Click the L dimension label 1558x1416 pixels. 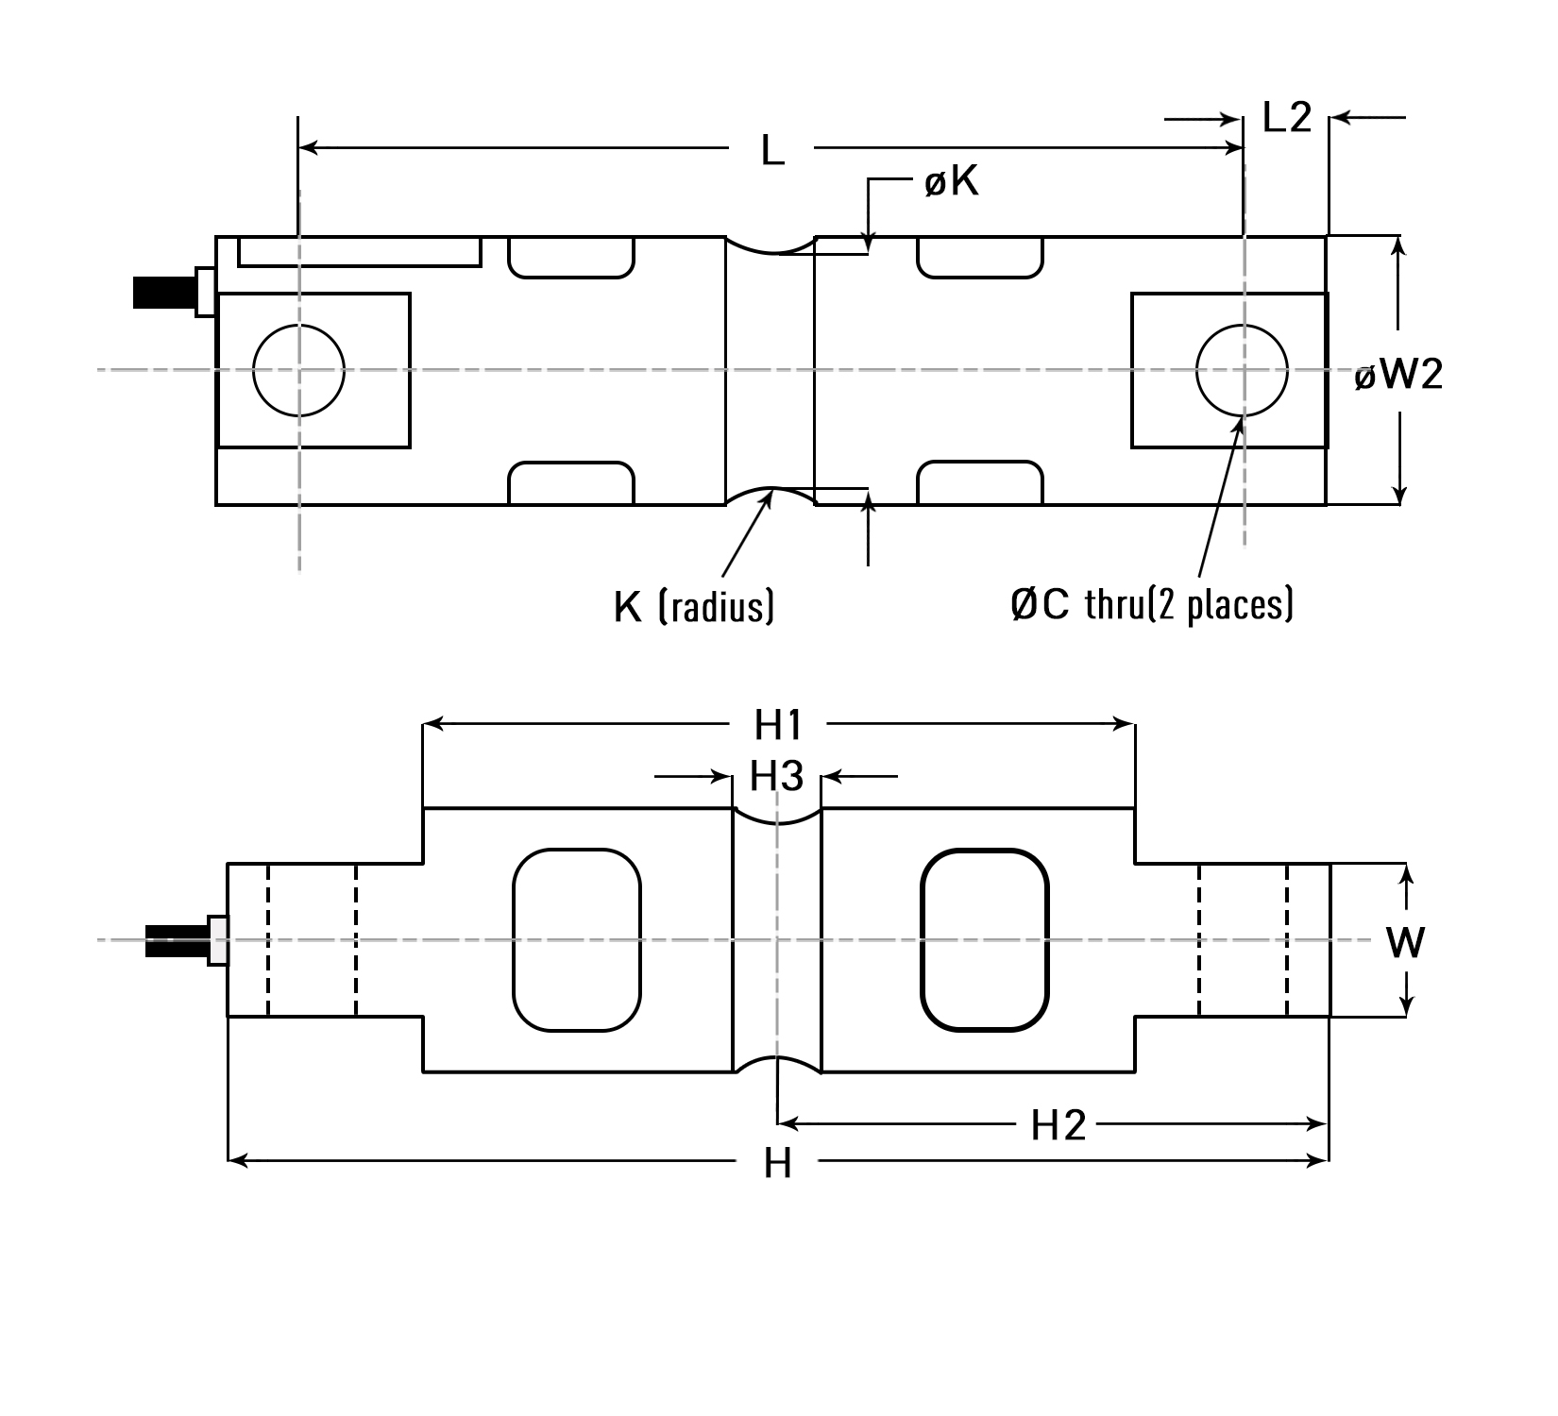(x=772, y=150)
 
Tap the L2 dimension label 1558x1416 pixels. (x=1287, y=118)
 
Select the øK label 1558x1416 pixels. (x=952, y=181)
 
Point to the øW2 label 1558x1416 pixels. (x=1398, y=376)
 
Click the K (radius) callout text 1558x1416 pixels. (x=694, y=606)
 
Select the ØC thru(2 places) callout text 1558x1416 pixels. (x=1151, y=604)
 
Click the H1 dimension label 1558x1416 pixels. (x=778, y=725)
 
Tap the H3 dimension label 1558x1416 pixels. (x=776, y=777)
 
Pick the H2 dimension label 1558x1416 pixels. (x=1058, y=1125)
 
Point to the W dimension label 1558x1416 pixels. (x=1405, y=942)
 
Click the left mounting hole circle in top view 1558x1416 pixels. (x=298, y=370)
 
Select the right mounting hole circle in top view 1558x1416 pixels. (x=1242, y=370)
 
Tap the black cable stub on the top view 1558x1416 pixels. (x=162, y=292)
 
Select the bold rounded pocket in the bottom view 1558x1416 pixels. (x=985, y=940)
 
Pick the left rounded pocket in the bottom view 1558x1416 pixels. (x=577, y=940)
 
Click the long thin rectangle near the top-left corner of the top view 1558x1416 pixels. (x=359, y=252)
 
